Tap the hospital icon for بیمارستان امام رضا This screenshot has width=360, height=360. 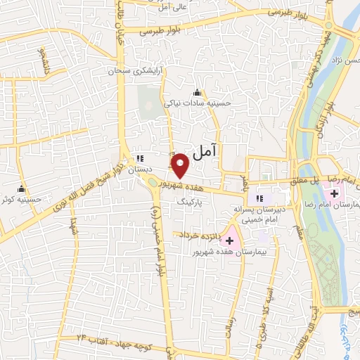point(334,193)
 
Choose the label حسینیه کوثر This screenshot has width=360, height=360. point(22,199)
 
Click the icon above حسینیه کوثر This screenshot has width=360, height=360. point(22,188)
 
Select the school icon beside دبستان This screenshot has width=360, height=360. point(139,157)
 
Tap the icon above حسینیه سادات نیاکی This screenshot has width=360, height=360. point(196,92)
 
